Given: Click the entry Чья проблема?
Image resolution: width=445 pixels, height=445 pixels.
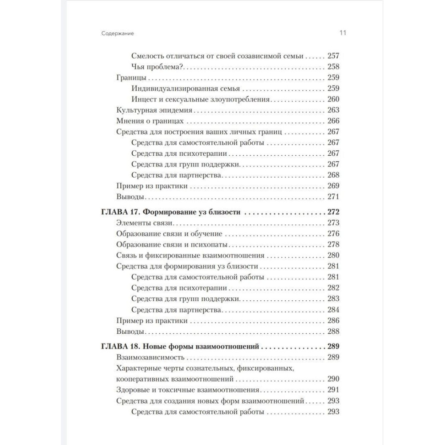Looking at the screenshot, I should [x=158, y=67].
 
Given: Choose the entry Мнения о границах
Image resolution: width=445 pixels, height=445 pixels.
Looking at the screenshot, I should [x=146, y=121].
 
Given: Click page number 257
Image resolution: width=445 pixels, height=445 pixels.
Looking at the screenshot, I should [x=333, y=56].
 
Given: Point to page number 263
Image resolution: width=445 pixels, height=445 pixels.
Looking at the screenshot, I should [x=333, y=110].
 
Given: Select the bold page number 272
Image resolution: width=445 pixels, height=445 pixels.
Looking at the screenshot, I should [x=333, y=213].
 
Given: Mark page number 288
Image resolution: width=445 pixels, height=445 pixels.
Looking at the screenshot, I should [x=333, y=332].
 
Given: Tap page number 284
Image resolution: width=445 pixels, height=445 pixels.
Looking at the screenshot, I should [x=333, y=309].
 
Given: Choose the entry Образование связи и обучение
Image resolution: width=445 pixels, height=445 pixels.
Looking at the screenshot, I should [x=169, y=234].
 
